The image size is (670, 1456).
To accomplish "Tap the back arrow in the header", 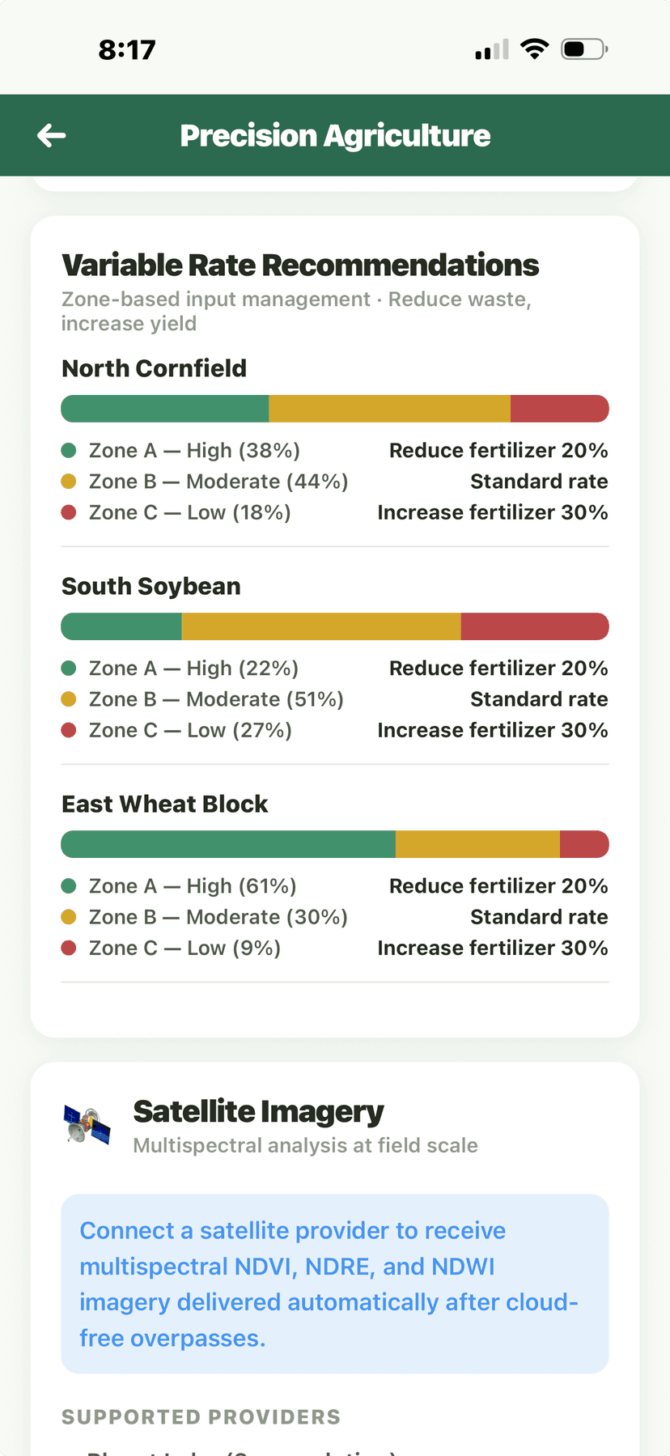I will (x=52, y=135).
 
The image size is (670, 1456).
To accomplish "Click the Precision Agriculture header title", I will (x=335, y=136).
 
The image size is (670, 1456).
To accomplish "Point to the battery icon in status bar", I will (x=583, y=49).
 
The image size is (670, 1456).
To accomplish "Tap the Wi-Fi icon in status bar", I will (x=534, y=49).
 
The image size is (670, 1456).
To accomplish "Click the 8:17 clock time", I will (x=127, y=50).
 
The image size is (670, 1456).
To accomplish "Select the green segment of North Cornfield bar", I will (x=165, y=409).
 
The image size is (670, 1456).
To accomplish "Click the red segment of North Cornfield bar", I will (x=559, y=409).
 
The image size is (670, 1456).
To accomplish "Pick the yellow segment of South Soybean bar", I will (x=321, y=626).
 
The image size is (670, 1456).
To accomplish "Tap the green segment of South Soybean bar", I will (x=122, y=626).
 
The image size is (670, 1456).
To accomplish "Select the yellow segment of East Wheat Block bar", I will (x=477, y=844).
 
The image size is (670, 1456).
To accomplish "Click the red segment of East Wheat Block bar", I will (x=583, y=844).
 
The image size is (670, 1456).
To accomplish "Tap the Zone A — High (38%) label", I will (x=194, y=450).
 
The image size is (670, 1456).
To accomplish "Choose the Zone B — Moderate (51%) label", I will (x=216, y=699).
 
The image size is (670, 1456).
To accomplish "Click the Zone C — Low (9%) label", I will (x=184, y=948).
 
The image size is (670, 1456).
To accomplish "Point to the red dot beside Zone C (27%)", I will (x=69, y=730).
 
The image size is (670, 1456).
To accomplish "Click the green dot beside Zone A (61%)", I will (x=69, y=886).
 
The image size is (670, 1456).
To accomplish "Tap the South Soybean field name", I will (x=151, y=586).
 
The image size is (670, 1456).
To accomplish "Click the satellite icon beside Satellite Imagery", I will (x=87, y=1125).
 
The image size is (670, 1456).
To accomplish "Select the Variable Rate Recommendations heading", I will (x=300, y=265).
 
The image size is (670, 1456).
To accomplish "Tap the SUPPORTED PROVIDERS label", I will (x=201, y=1417).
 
